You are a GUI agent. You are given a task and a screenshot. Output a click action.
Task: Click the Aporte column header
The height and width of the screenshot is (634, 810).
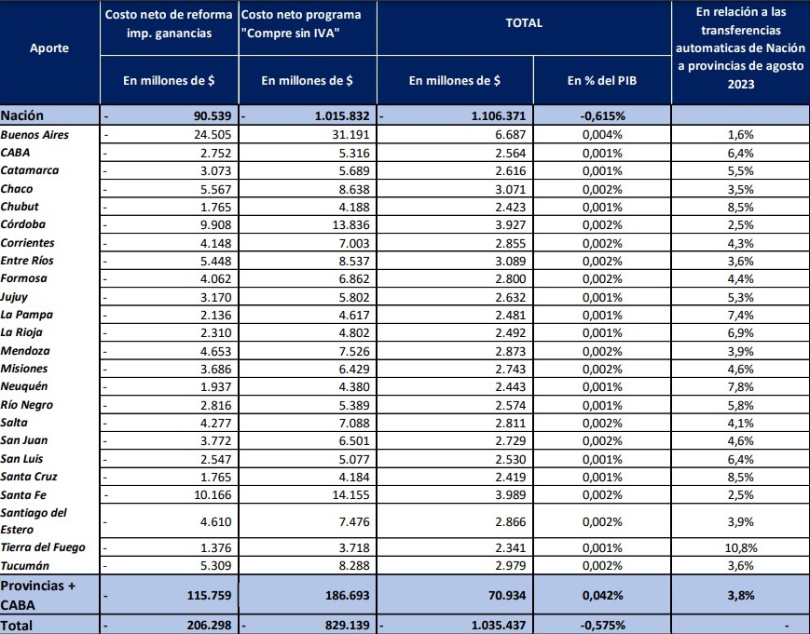coord(48,47)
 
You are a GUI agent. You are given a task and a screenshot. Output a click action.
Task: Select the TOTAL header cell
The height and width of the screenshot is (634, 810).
coord(523,22)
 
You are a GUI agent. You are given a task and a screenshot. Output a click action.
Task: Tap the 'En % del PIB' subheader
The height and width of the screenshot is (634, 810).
coord(601,81)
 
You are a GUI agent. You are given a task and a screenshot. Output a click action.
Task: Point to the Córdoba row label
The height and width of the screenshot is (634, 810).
coord(23,224)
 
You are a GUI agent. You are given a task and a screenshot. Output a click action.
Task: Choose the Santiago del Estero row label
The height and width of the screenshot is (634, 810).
coord(34,520)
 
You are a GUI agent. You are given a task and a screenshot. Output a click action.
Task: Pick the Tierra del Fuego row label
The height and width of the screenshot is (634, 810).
coord(43,547)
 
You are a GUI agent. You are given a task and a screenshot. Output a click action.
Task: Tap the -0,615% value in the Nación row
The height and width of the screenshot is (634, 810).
coord(601,116)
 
